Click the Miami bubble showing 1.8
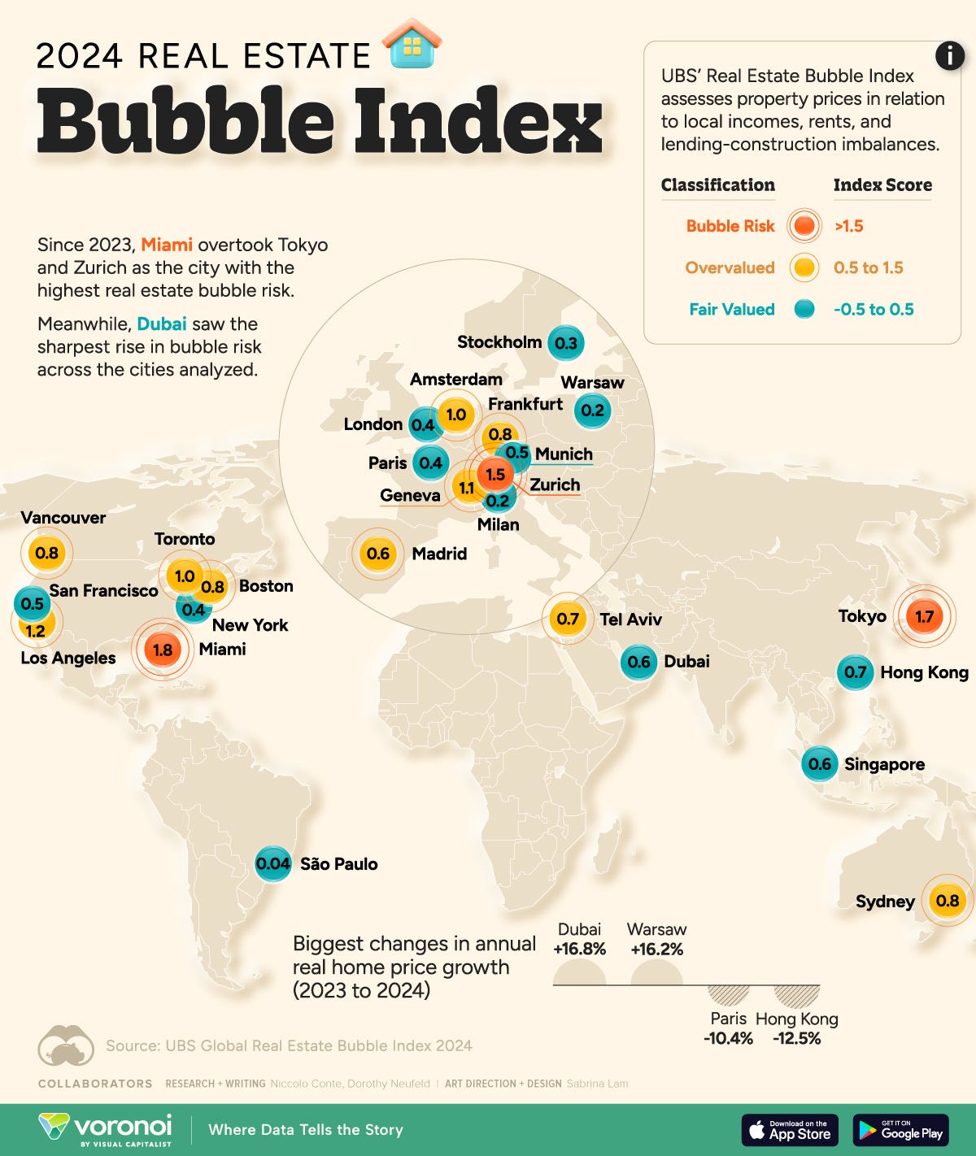[x=163, y=649]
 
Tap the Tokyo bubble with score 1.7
[x=924, y=616]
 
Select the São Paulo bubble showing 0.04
[x=272, y=864]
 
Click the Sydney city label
[x=885, y=901]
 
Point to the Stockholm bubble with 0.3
[x=565, y=343]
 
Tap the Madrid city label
[x=439, y=554]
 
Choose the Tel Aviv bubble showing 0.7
[x=568, y=619]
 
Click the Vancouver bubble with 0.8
[x=47, y=553]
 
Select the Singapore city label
[x=884, y=764]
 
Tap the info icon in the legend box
[x=949, y=56]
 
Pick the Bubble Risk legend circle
[x=804, y=226]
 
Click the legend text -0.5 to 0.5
[x=874, y=309]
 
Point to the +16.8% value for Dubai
[x=579, y=949]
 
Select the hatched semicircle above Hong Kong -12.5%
[x=797, y=994]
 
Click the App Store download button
[x=790, y=1130]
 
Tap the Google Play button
[x=900, y=1130]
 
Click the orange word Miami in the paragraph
[x=167, y=245]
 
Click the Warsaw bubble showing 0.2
[x=593, y=411]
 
